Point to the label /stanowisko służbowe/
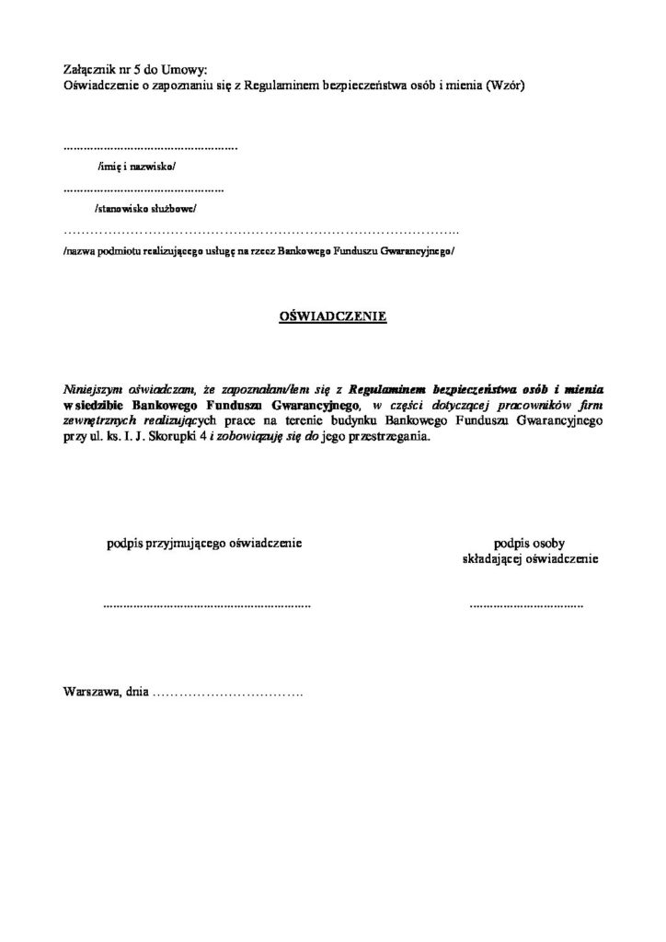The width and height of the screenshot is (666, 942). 144,208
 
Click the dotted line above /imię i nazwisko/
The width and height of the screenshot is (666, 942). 150,147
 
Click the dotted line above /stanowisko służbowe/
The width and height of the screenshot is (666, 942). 144,190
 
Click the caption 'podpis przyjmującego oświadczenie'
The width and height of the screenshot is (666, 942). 204,543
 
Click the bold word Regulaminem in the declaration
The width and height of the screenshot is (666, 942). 390,389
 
